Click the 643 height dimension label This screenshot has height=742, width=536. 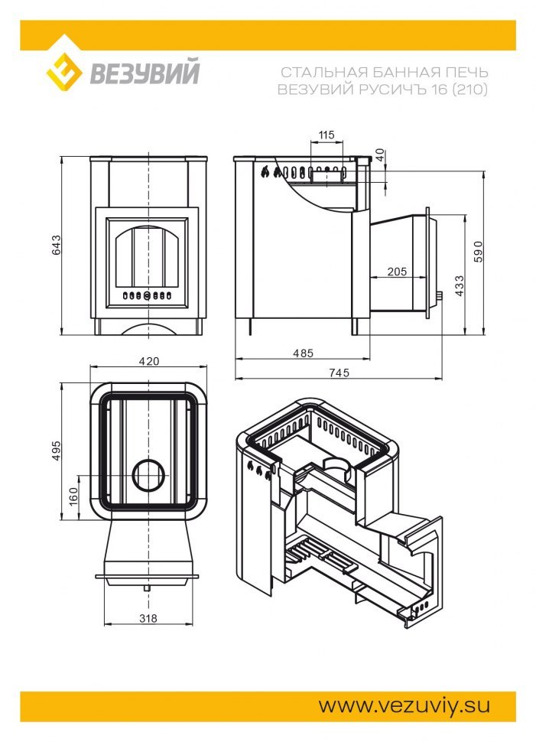(57, 245)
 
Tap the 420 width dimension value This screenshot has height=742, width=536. (149, 362)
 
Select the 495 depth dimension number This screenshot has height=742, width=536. (57, 451)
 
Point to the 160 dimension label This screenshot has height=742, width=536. (73, 496)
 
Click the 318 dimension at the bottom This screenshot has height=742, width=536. (148, 618)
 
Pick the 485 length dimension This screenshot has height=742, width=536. (303, 353)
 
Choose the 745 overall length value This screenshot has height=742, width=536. (339, 373)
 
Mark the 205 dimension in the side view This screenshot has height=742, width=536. (397, 272)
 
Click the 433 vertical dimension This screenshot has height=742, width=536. (459, 286)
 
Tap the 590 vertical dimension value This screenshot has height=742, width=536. (479, 251)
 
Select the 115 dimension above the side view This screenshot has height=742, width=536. (326, 135)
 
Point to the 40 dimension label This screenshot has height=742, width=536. (380, 155)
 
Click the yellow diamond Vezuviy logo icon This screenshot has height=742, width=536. (64, 72)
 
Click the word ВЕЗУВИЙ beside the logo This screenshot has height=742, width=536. (145, 71)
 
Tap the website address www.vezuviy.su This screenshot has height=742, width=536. (404, 705)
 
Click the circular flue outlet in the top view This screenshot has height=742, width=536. (150, 475)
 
